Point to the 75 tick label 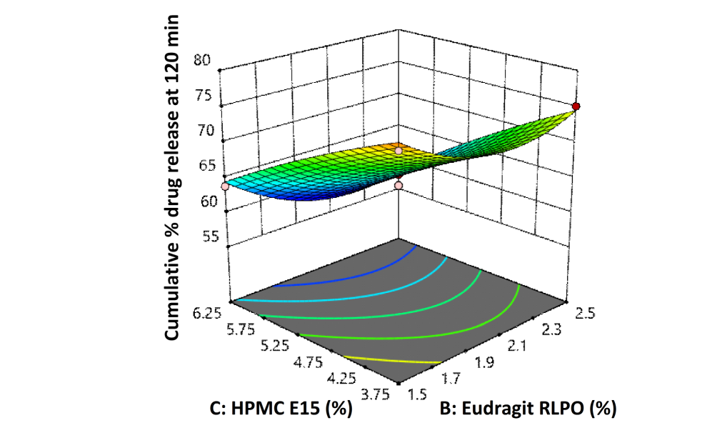click(202, 96)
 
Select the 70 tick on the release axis click(202, 131)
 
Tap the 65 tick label click(202, 166)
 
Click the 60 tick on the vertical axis click(202, 201)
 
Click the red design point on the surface click(576, 106)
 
